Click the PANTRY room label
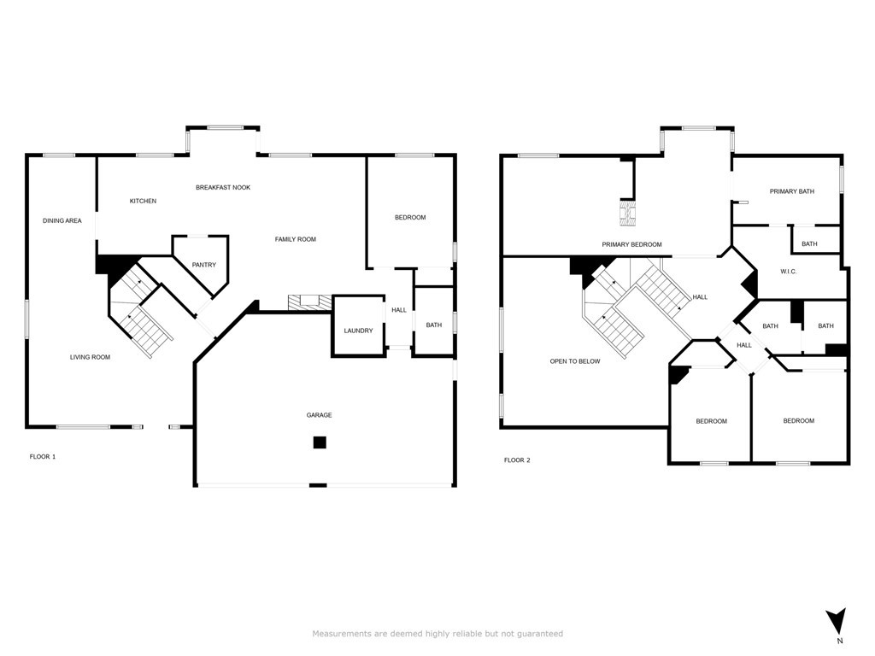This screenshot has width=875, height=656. [203, 265]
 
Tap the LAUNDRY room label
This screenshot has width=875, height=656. [358, 331]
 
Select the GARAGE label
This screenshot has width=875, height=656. [319, 415]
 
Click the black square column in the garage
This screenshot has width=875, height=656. [319, 442]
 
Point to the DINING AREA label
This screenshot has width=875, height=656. [62, 221]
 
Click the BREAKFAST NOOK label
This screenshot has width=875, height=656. [222, 187]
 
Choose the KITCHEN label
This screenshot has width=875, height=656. [143, 201]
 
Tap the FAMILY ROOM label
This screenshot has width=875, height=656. [295, 239]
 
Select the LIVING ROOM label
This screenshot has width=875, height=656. [90, 357]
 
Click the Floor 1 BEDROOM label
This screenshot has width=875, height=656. [409, 218]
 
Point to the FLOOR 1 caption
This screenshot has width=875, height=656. [43, 457]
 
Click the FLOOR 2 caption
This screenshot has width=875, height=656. [517, 460]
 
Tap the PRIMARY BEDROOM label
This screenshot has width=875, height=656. [631, 245]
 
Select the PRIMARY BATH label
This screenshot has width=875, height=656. [791, 191]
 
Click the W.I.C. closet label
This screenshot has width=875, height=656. [788, 272]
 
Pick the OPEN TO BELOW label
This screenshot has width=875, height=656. [574, 361]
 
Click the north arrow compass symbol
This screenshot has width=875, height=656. [837, 622]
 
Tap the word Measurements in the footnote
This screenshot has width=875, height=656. [340, 634]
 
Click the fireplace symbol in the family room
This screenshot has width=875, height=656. [308, 302]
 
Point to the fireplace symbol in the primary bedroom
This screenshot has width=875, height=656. [628, 212]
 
